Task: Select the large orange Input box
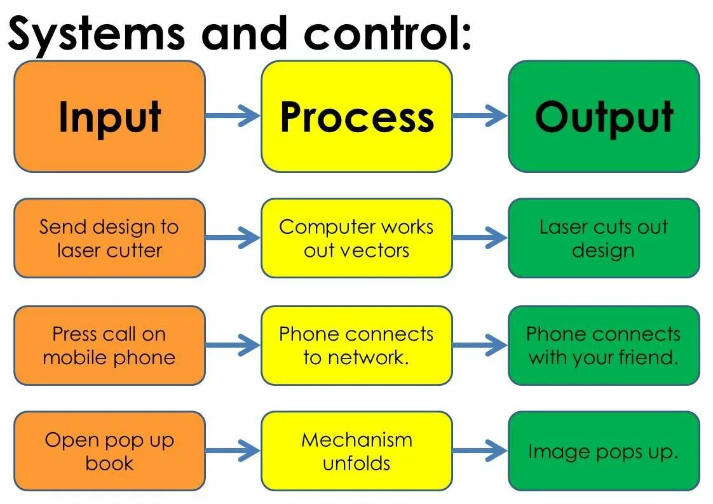[x=109, y=116]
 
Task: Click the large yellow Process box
[x=356, y=116]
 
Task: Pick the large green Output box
[x=604, y=116]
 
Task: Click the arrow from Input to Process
[x=233, y=116]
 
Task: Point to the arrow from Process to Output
[x=480, y=116]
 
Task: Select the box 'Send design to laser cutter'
[x=109, y=238]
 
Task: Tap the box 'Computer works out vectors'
[x=356, y=238]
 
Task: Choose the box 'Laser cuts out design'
[x=604, y=238]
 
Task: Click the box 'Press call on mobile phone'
[x=109, y=345]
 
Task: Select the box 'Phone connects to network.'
[x=356, y=345]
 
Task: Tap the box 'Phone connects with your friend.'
[x=604, y=345]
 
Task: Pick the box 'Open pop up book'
[x=109, y=451]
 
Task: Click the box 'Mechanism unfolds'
[x=356, y=451]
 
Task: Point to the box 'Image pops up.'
[x=604, y=451]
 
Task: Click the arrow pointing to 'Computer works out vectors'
[x=233, y=238]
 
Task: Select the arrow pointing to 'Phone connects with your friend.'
[x=480, y=346]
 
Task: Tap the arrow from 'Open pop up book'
[x=233, y=451]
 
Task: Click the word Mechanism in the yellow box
[x=356, y=440]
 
